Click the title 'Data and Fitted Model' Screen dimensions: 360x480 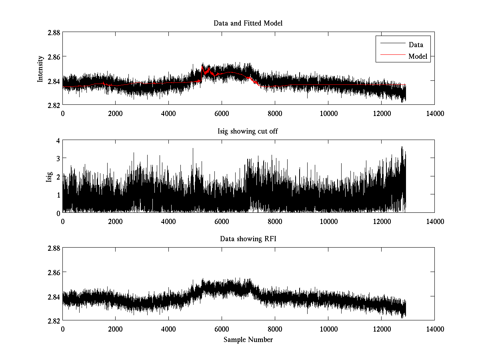(x=248, y=23)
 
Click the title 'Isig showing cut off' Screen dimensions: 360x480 (x=248, y=131)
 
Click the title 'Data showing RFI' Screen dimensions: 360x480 (x=248, y=239)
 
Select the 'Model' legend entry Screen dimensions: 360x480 (x=418, y=56)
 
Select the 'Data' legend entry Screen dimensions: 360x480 (x=416, y=45)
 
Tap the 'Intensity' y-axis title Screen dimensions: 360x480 (x=40, y=69)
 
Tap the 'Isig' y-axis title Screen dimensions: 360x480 (x=49, y=176)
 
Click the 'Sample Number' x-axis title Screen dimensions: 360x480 (x=248, y=340)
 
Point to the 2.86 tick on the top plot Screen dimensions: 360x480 (x=53, y=57)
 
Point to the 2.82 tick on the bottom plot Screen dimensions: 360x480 (x=53, y=321)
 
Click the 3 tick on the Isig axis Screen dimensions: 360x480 (x=58, y=158)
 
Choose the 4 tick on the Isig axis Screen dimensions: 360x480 (x=58, y=140)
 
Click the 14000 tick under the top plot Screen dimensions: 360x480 (x=434, y=113)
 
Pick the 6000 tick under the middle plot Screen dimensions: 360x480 (x=222, y=221)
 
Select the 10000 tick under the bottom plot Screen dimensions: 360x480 (x=328, y=329)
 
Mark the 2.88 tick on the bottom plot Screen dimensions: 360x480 (x=53, y=248)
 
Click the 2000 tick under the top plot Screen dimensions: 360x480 (x=116, y=113)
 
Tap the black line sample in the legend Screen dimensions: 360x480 (x=392, y=44)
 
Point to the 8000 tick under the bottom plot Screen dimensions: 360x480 (x=275, y=329)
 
